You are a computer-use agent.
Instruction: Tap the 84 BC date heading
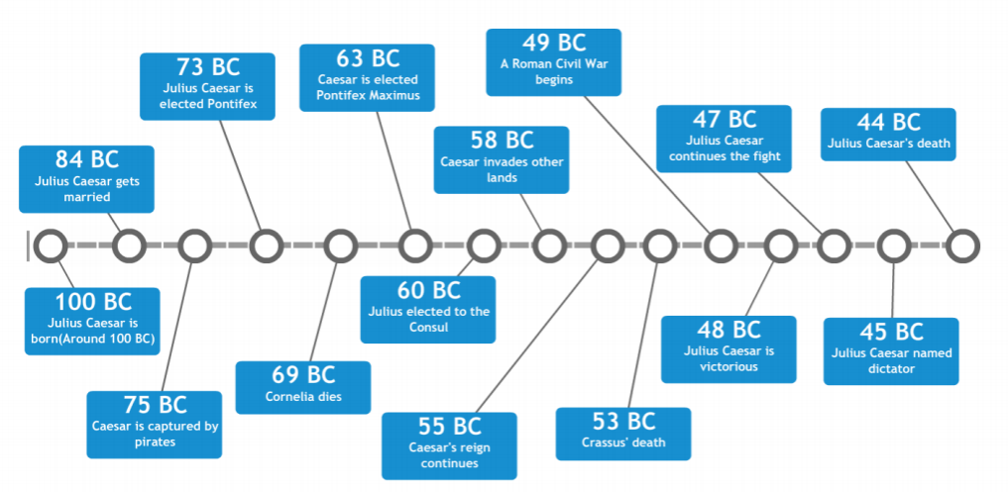[86, 159]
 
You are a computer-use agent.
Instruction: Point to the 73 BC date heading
[208, 67]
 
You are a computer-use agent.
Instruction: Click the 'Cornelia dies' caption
[303, 398]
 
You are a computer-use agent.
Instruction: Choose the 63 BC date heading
[367, 57]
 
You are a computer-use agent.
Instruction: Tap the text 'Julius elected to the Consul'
[427, 319]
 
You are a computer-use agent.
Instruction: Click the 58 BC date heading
[502, 140]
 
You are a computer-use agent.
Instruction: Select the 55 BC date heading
[449, 426]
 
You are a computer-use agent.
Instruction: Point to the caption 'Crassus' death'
[623, 442]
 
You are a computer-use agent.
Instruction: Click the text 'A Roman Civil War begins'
[554, 71]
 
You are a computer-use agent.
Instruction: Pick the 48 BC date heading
[728, 330]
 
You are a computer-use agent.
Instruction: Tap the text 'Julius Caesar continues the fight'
[724, 148]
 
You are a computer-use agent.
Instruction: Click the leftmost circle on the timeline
[50, 246]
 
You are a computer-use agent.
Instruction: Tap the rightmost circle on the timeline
[960, 246]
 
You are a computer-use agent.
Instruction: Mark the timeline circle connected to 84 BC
[130, 246]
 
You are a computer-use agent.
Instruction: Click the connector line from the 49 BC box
[645, 168]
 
